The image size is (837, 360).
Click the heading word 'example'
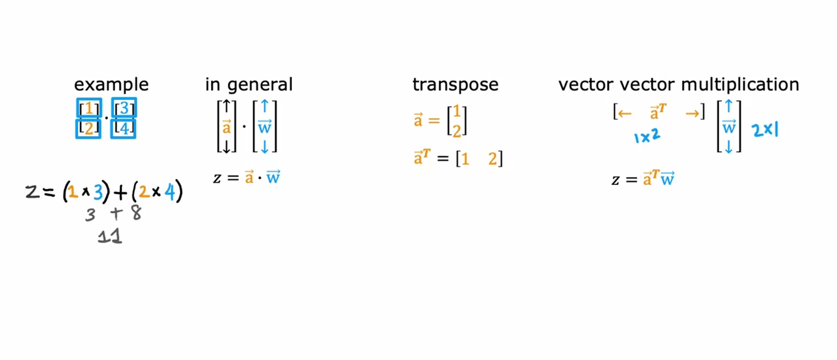click(111, 85)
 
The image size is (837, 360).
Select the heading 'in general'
click(249, 85)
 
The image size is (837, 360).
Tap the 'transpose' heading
click(455, 85)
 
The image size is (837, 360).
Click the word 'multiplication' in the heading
click(740, 85)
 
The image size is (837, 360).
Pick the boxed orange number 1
click(89, 109)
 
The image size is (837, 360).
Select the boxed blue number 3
click(124, 108)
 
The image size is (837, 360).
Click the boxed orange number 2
click(89, 128)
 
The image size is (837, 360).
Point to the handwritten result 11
click(110, 236)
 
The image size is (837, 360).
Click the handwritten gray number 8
click(136, 213)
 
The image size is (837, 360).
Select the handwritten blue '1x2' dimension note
click(647, 137)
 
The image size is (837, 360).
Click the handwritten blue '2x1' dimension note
click(765, 129)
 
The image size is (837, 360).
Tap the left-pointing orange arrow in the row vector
click(625, 113)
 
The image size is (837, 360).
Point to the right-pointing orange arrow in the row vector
click(692, 113)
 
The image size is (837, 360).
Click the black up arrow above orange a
click(226, 107)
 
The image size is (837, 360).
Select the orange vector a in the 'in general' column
click(227, 126)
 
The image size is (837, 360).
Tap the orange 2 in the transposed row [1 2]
click(493, 159)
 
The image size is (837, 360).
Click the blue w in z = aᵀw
click(667, 179)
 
